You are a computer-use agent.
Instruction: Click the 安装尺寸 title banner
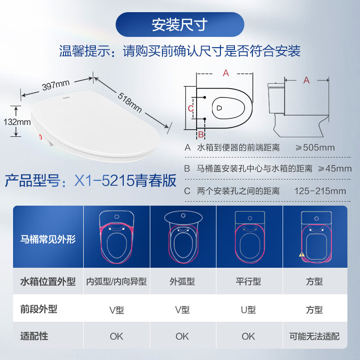(180, 25)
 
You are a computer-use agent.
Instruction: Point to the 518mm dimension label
(130, 102)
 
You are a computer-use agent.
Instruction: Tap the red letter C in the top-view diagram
(190, 108)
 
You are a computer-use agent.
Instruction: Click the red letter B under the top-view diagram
(201, 134)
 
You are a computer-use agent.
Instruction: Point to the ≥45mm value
(335, 169)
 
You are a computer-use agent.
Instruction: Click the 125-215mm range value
(320, 191)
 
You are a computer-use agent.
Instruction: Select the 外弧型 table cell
(182, 282)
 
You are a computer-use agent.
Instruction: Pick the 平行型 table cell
(248, 282)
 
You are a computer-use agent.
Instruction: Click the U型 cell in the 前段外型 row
(248, 310)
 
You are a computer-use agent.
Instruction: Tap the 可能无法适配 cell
(315, 336)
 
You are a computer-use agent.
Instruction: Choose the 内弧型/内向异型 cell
(117, 282)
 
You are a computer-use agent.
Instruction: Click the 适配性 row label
(34, 336)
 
